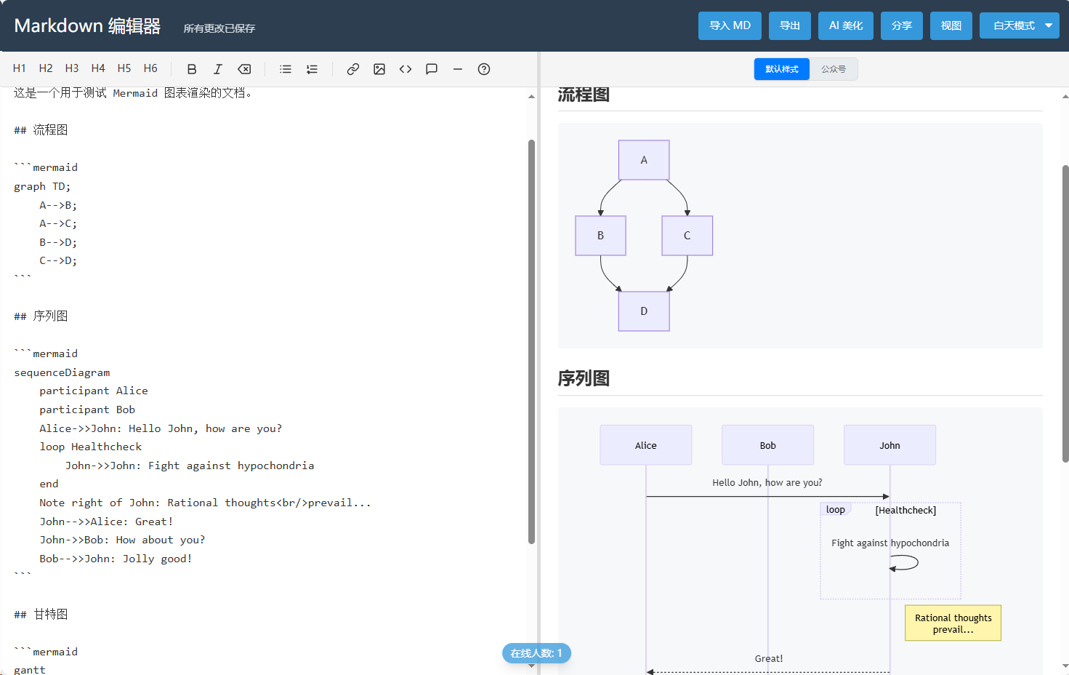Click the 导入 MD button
point(730,25)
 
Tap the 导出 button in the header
point(789,25)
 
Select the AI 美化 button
point(846,25)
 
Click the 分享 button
point(901,25)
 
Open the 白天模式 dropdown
point(1020,25)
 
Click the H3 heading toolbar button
point(72,69)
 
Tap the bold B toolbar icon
point(191,69)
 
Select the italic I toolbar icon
point(217,69)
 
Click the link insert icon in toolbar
point(352,69)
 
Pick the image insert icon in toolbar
point(379,69)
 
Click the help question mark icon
point(483,69)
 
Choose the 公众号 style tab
point(834,69)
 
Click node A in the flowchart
point(644,160)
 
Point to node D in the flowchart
point(644,311)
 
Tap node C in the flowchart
point(687,236)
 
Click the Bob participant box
point(767,445)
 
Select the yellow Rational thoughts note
point(953,623)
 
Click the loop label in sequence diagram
point(835,510)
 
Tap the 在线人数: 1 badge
point(536,653)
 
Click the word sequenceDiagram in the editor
point(62,372)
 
